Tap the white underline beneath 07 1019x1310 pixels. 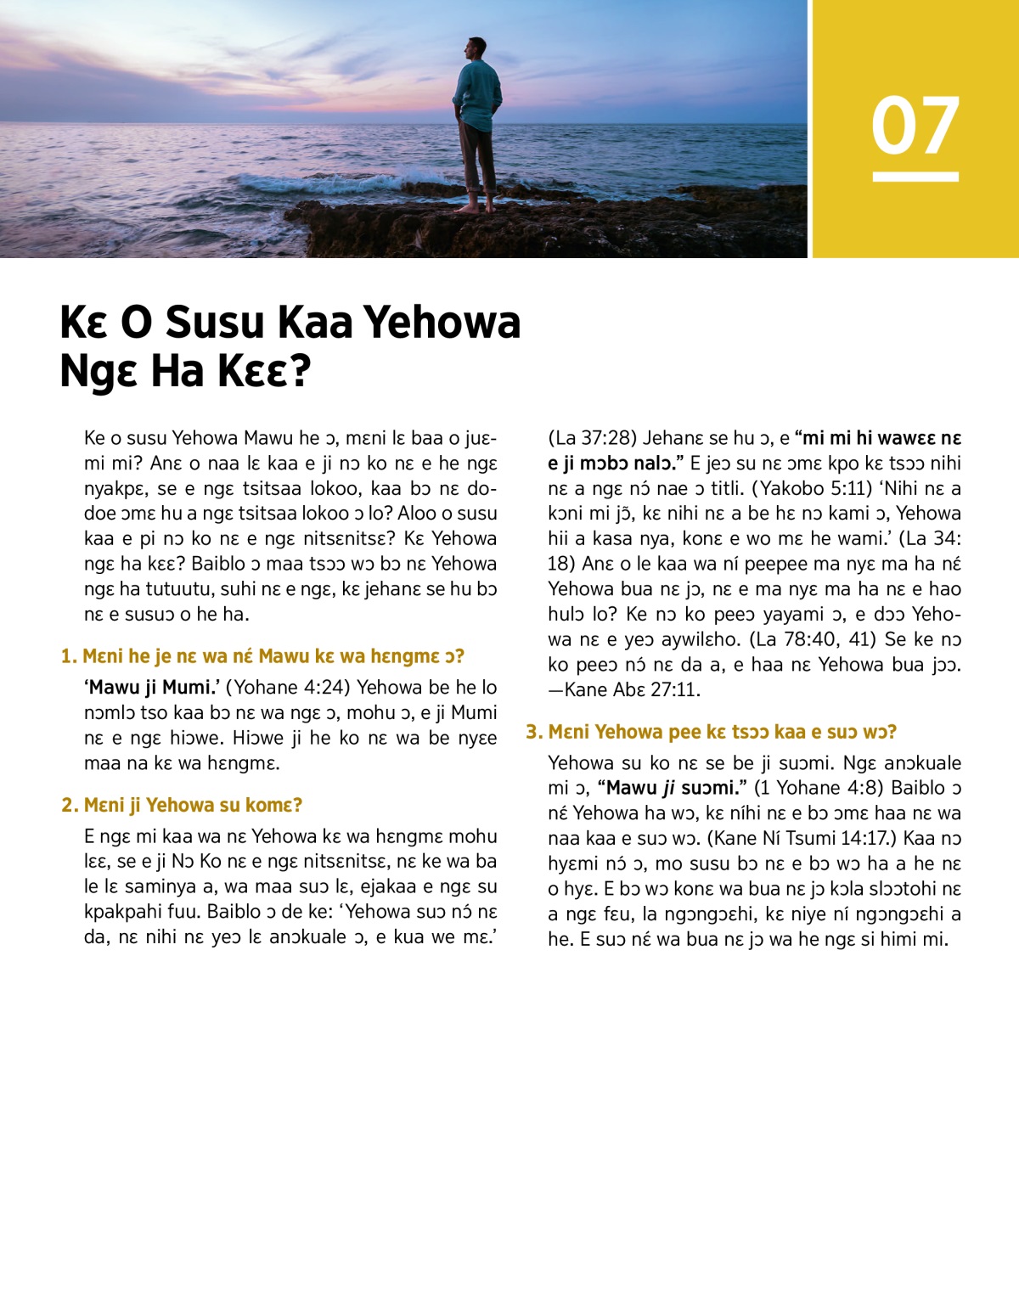(x=915, y=177)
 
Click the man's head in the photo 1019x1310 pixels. (x=476, y=48)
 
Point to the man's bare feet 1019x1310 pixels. (x=476, y=206)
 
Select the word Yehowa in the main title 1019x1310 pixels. (x=442, y=323)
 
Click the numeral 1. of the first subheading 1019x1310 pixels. (x=69, y=656)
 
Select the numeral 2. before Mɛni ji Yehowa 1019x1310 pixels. (x=70, y=805)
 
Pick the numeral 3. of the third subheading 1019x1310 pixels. (x=533, y=732)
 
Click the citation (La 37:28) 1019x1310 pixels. (x=592, y=438)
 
